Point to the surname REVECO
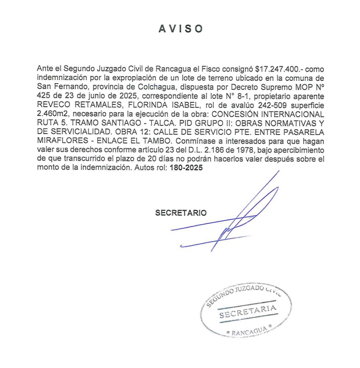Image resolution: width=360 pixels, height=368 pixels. (54, 104)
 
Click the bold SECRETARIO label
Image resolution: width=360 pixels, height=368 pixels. (181, 213)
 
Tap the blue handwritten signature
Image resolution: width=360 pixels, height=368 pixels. (240, 215)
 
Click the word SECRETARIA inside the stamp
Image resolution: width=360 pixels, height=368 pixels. (247, 313)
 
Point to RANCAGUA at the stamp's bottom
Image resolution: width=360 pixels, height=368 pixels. (247, 333)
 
